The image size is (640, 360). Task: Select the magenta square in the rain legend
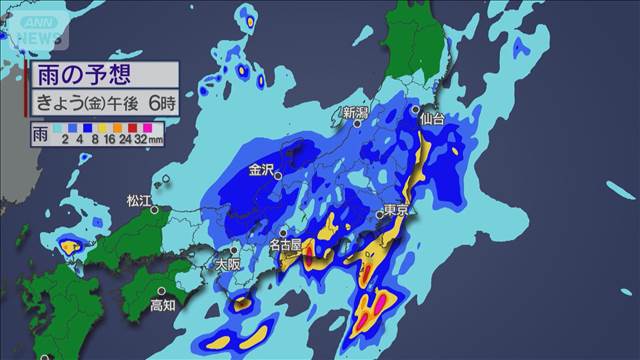pyautogui.click(x=145, y=128)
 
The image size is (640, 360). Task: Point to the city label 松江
pyautogui.click(x=137, y=202)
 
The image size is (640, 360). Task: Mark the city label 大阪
pyautogui.click(x=228, y=265)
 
